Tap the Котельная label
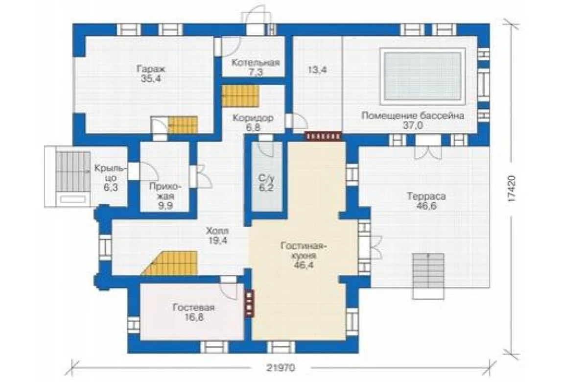tap(255, 63)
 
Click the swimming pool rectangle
tap(422, 76)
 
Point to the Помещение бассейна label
tap(413, 116)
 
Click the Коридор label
tap(253, 118)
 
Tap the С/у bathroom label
tap(266, 178)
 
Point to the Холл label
tap(217, 231)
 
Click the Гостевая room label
tap(193, 308)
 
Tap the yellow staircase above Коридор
tap(240, 96)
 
